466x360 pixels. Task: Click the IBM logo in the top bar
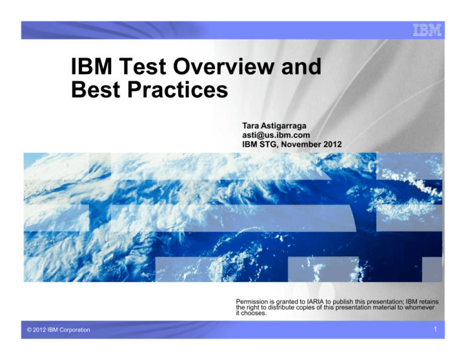pos(427,30)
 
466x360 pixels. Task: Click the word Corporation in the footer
pos(73,330)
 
